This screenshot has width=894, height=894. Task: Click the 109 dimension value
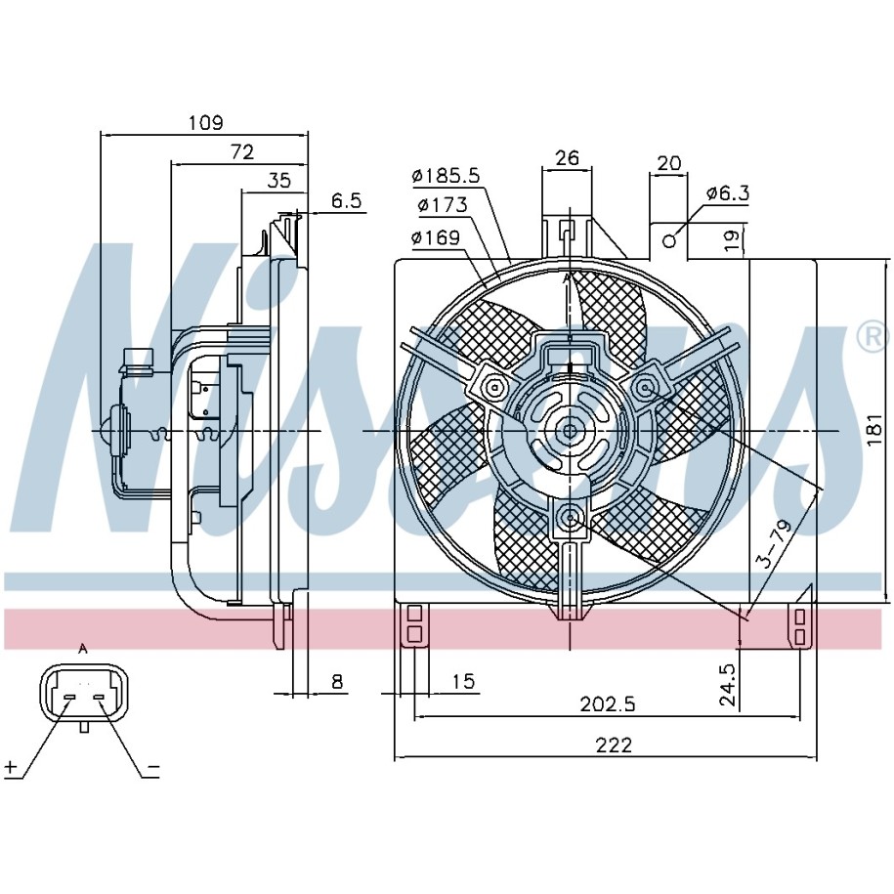[206, 122]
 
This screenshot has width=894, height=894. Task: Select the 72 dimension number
[241, 151]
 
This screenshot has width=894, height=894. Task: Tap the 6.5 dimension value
[347, 200]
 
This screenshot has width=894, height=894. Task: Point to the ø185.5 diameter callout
[447, 176]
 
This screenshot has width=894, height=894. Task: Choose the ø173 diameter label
[443, 204]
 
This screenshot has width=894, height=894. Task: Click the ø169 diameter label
[436, 237]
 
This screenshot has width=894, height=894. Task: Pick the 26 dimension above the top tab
[567, 157]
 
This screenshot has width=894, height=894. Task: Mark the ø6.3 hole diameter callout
[727, 193]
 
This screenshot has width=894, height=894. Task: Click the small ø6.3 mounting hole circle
[670, 241]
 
